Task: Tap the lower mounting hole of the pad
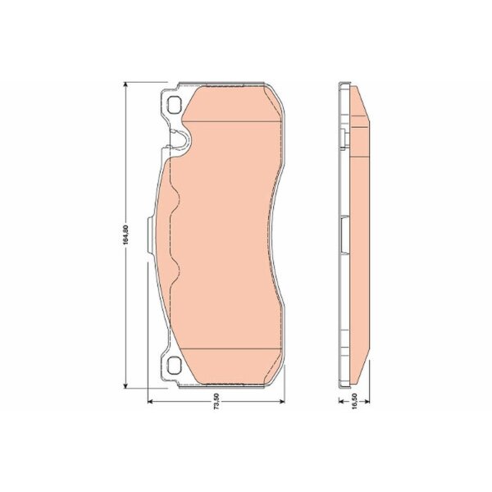click(175, 366)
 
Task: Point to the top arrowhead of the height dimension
click(125, 85)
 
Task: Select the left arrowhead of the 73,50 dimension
click(151, 401)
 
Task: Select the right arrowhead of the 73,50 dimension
click(281, 401)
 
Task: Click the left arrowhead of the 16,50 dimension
click(342, 401)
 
